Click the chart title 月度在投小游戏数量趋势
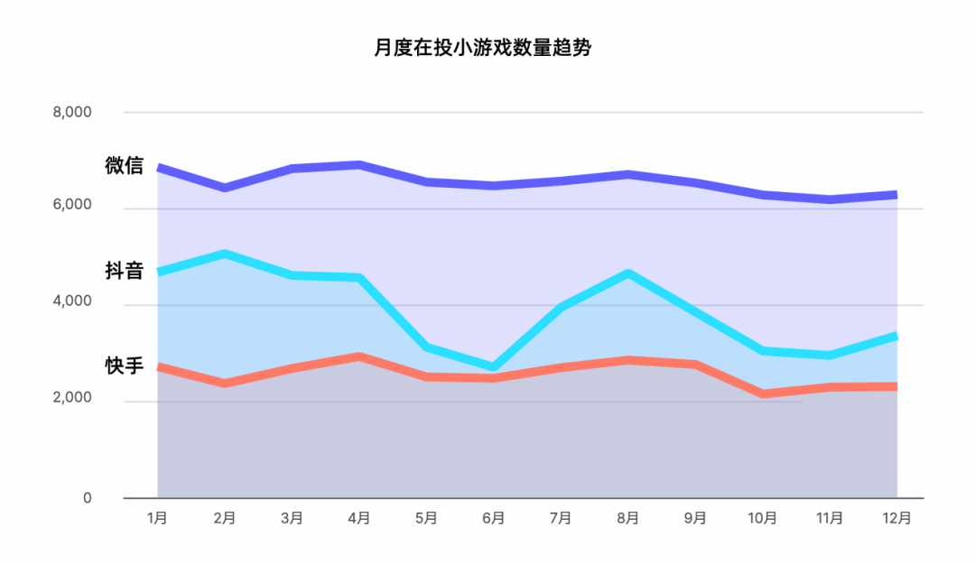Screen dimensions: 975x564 [482, 47]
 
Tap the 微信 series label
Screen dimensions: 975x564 [125, 165]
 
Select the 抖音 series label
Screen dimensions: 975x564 [125, 271]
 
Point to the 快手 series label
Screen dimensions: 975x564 [125, 365]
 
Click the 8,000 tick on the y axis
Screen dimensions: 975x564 [72, 112]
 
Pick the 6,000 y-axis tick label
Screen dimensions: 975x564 [72, 205]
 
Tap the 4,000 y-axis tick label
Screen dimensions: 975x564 [72, 301]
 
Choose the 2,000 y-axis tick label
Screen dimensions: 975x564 [72, 397]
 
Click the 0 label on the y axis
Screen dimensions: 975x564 [87, 498]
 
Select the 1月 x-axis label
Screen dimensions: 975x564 [157, 518]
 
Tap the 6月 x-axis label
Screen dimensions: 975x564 [494, 518]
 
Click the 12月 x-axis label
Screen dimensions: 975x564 [896, 518]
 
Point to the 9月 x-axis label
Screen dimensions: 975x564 [695, 518]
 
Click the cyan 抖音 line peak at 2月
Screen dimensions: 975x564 [225, 254]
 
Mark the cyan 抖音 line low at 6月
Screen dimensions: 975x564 [494, 367]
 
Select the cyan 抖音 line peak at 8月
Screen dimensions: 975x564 [628, 273]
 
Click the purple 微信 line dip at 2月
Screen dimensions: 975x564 [225, 188]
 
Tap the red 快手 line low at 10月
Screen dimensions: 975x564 [762, 393]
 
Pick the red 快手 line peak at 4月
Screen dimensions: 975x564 [358, 356]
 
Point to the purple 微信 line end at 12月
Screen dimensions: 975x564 [896, 195]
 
